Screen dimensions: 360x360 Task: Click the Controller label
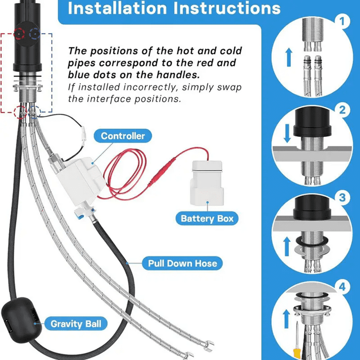pyautogui.click(x=123, y=136)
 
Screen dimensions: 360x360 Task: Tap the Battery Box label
pyautogui.click(x=207, y=218)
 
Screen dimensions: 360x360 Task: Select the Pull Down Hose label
pyautogui.click(x=182, y=263)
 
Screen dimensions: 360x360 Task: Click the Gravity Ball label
pyautogui.click(x=76, y=324)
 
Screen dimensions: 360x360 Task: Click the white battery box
pyautogui.click(x=207, y=183)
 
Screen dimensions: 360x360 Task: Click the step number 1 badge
pyautogui.click(x=342, y=22)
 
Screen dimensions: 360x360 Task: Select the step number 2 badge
pyautogui.click(x=342, y=110)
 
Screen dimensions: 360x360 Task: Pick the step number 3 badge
pyautogui.click(x=342, y=197)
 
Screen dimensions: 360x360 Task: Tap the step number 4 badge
pyautogui.click(x=342, y=287)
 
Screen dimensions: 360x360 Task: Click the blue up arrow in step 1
pyautogui.click(x=289, y=57)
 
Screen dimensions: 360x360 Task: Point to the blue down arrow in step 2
pyautogui.click(x=287, y=134)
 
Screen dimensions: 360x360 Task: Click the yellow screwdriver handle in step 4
pyautogui.click(x=296, y=354)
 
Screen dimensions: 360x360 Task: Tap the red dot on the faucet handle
pyautogui.click(x=19, y=34)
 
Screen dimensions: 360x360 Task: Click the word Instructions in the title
pyautogui.click(x=227, y=8)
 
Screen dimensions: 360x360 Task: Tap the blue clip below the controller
pyautogui.click(x=80, y=216)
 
